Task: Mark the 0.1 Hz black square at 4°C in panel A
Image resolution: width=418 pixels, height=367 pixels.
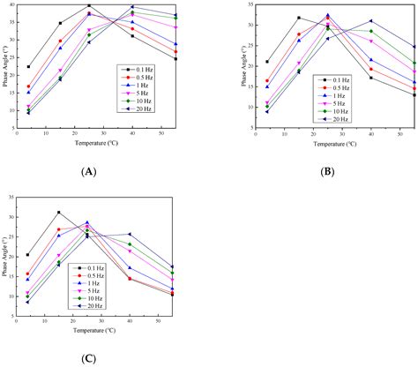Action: click(x=28, y=67)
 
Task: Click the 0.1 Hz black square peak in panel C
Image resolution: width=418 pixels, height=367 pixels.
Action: click(x=59, y=213)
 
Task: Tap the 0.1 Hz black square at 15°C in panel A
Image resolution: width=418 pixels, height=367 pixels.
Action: click(x=60, y=24)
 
